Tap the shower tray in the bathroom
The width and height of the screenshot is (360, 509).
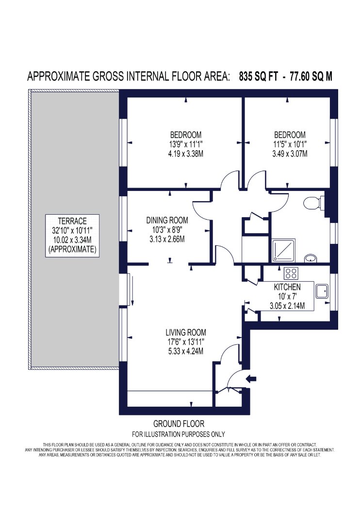point(284,250)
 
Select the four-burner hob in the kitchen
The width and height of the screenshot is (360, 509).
point(291,272)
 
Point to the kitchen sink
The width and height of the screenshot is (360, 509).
point(322,291)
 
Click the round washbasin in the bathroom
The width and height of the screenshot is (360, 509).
point(311,258)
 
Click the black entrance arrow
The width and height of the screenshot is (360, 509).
point(252,378)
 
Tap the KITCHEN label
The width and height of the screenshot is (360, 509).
point(287,287)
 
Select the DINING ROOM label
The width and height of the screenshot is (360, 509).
point(167,221)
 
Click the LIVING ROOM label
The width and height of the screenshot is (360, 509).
point(186,333)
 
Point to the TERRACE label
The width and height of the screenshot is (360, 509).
point(72,222)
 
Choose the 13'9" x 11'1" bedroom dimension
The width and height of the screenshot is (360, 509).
point(186,144)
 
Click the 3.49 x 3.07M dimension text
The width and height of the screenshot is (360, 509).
point(290,154)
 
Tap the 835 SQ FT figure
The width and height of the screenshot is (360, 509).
point(259,77)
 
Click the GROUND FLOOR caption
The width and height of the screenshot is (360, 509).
point(179,424)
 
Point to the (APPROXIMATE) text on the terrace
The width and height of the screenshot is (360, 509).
point(72,250)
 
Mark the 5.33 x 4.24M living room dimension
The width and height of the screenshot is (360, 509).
point(186,351)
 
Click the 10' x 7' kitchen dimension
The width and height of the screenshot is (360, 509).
point(287,296)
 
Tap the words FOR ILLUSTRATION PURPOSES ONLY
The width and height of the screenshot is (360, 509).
point(179,434)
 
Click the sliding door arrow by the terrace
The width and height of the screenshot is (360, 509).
point(132,289)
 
